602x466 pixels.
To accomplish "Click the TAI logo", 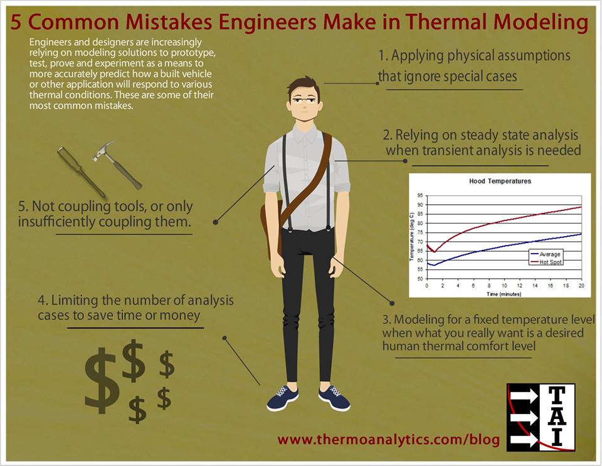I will click(x=541, y=416).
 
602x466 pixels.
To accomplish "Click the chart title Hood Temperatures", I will click(x=500, y=181).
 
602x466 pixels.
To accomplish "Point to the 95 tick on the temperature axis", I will click(x=420, y=195).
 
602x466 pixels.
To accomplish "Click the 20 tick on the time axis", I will click(x=581, y=286).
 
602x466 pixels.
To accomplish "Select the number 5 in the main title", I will click(x=18, y=22).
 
